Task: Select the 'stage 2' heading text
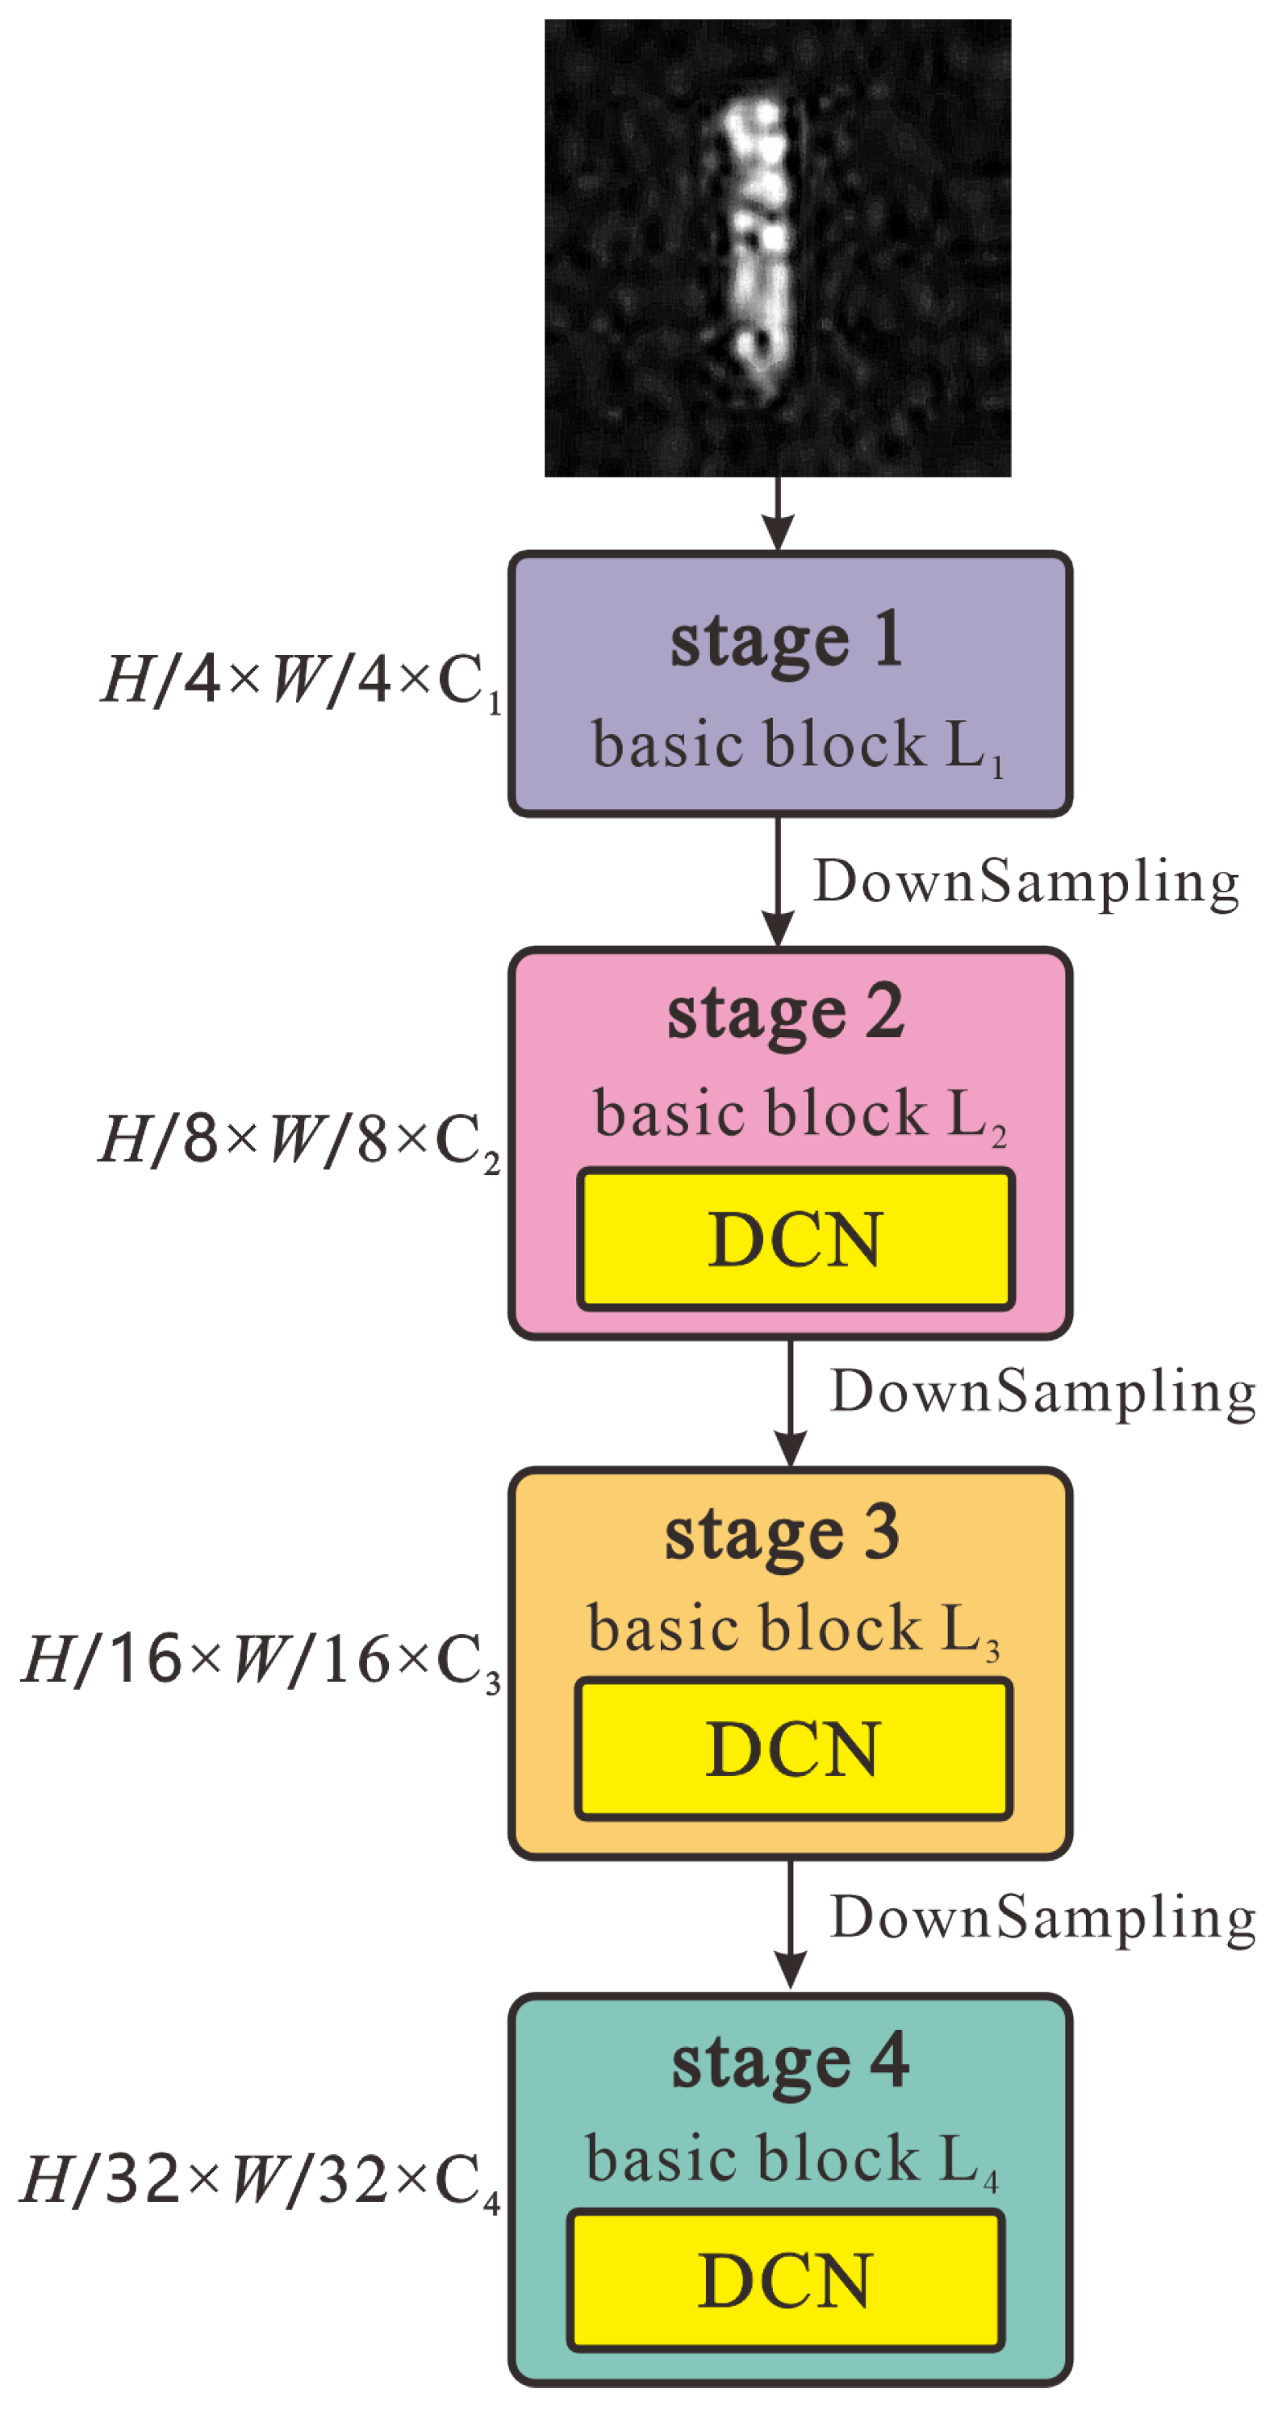pos(785,1014)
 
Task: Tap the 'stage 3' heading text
pos(782,1535)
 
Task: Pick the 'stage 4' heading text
pos(790,2062)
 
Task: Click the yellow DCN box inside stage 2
pos(795,1239)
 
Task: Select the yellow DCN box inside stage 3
pos(793,1749)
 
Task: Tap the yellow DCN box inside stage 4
pos(785,2281)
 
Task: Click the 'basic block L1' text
pos(796,746)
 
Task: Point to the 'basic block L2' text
pos(800,1115)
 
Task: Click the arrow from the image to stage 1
pos(777,514)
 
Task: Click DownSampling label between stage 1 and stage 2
pos(1025,882)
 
